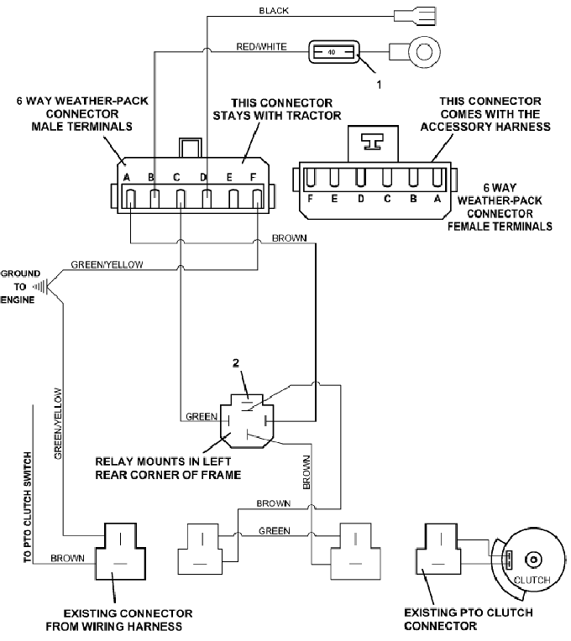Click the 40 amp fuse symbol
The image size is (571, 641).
tap(333, 52)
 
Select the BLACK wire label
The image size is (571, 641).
tap(274, 11)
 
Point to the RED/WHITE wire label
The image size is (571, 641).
tap(261, 47)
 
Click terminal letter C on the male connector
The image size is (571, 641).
tap(176, 177)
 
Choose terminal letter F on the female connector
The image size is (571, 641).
tap(310, 199)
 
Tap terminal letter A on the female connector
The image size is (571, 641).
tap(437, 199)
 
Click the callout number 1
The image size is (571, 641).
tap(379, 85)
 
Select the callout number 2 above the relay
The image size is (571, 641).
tap(236, 362)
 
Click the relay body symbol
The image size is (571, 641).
tap(247, 421)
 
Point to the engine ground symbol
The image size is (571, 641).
tap(41, 286)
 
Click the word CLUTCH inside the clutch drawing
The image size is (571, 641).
tap(532, 580)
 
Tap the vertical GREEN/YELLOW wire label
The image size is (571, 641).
tap(59, 424)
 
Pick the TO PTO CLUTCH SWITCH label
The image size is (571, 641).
tap(28, 508)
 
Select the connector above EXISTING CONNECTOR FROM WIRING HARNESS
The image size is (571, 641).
tap(121, 550)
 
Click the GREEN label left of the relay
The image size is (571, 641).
tap(202, 417)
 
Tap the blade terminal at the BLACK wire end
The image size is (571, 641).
tap(415, 16)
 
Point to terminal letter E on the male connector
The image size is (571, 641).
tap(229, 177)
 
